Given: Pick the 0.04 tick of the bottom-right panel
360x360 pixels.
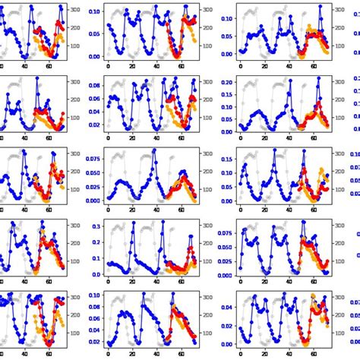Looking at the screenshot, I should point(227,308).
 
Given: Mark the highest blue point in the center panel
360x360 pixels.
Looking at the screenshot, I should point(154,150).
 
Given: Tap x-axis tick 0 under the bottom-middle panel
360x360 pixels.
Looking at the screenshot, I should point(108,353).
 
